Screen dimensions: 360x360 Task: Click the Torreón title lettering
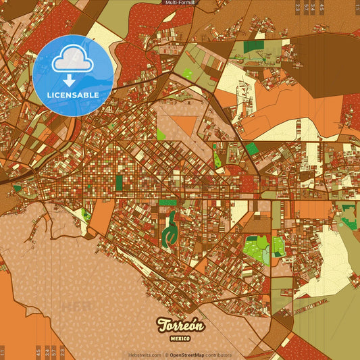pos(180,325)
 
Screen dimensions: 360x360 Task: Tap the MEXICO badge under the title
pos(180,338)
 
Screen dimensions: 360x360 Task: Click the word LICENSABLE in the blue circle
pos(73,95)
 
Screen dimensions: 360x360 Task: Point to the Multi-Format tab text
pos(180,3)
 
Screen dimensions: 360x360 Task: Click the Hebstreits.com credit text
pos(143,355)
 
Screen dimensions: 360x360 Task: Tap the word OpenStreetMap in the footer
pos(189,355)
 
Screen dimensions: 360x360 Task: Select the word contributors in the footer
pos(220,355)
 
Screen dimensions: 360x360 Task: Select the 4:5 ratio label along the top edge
pos(322,7)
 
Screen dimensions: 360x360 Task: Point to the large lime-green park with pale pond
pos(255,248)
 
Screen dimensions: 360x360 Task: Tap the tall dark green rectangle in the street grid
pos(120,182)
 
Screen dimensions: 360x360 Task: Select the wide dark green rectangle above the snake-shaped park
pos(168,201)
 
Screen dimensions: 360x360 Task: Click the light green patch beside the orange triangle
pos(161,133)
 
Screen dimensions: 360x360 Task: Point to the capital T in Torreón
pos(162,325)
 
